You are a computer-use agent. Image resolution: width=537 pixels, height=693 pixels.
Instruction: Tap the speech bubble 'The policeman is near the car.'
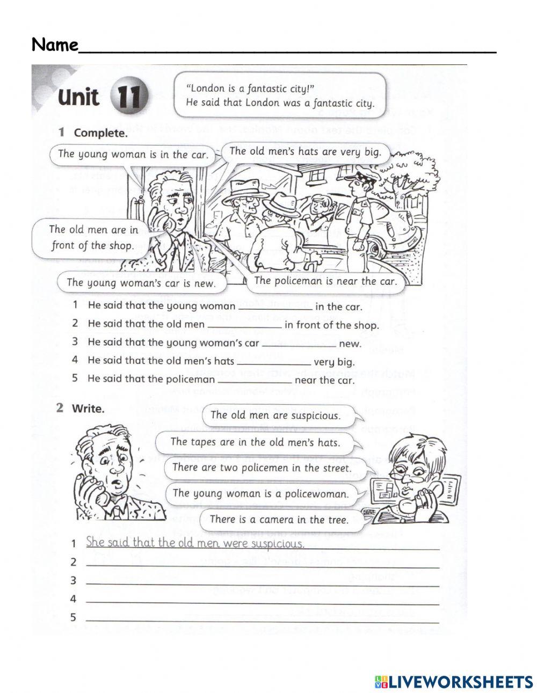(325, 281)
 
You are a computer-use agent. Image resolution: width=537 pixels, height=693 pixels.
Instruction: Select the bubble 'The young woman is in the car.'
(133, 154)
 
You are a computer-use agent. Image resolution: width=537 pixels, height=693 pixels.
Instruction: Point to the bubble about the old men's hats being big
(305, 151)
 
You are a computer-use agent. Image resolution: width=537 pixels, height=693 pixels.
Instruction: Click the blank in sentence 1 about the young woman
(274, 307)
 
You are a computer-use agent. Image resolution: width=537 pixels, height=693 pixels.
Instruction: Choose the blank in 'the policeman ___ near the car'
(256, 380)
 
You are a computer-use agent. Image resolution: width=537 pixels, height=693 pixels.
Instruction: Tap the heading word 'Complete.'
(101, 133)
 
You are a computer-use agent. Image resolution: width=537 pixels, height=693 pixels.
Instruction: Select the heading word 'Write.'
(88, 408)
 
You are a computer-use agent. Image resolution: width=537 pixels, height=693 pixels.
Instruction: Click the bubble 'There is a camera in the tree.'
(279, 519)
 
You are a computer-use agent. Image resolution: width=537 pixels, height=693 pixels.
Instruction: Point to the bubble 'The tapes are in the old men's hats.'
(255, 442)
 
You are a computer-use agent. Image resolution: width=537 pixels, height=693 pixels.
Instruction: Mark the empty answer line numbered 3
(262, 581)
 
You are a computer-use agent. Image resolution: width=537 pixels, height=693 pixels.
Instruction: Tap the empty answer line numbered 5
(262, 618)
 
